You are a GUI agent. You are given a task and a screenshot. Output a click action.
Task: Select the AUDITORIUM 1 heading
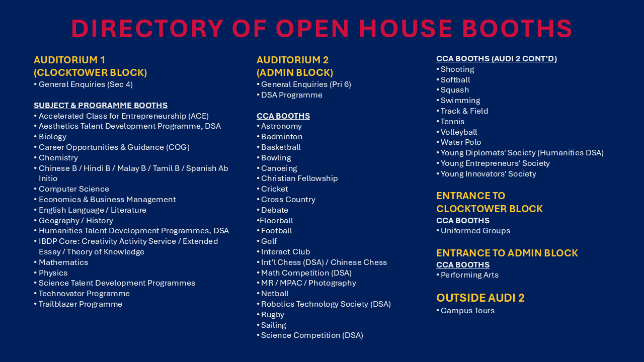(69, 60)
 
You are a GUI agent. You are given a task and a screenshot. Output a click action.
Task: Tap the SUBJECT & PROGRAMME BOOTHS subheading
(101, 106)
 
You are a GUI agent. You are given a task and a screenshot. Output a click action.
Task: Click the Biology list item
(52, 137)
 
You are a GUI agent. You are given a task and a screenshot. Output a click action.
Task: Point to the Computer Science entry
(73, 189)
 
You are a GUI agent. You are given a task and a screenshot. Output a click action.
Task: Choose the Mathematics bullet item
(63, 262)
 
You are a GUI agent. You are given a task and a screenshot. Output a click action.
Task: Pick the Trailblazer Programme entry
(80, 304)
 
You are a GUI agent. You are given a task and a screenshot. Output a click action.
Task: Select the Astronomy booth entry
(281, 126)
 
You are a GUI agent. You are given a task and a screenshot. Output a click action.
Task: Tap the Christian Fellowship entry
(299, 178)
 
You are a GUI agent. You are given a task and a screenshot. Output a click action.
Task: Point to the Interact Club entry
(285, 252)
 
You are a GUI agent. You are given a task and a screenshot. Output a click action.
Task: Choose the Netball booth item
(275, 294)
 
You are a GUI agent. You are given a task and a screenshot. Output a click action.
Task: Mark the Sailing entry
(273, 325)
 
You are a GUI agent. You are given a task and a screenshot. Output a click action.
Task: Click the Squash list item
(454, 90)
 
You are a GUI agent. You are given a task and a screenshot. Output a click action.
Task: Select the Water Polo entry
(460, 142)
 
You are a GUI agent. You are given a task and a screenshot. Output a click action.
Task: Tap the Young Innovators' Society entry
(488, 174)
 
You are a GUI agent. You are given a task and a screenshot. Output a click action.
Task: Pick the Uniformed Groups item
(475, 231)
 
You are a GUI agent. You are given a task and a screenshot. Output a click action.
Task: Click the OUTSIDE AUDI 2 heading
(480, 298)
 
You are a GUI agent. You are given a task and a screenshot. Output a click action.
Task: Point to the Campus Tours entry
(467, 311)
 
